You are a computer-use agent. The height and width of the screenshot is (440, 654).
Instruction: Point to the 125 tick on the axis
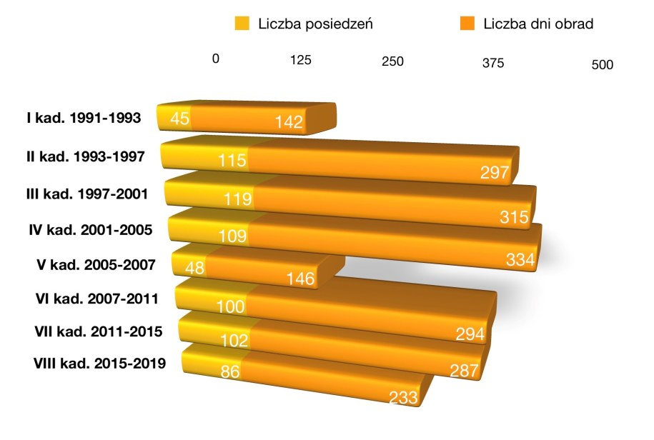(x=301, y=61)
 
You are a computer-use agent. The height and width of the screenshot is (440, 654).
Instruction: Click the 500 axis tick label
(x=603, y=65)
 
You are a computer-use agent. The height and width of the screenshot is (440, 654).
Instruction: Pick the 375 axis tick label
(x=492, y=63)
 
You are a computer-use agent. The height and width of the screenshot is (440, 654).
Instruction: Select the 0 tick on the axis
(x=215, y=59)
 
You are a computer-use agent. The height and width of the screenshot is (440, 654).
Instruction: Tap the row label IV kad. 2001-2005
(x=89, y=230)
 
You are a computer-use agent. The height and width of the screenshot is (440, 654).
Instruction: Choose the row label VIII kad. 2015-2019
(x=99, y=364)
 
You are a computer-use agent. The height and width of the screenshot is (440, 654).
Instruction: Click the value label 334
(x=520, y=261)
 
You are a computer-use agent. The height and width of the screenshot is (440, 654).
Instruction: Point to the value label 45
(x=179, y=118)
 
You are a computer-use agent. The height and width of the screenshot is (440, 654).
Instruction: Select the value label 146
(x=300, y=279)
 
